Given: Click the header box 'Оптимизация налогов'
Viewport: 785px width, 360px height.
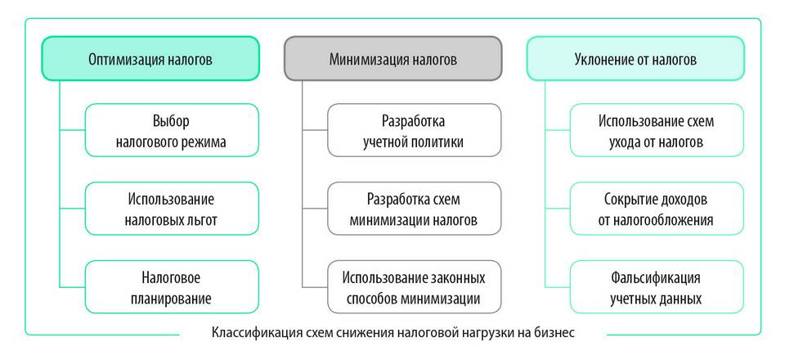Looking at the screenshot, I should pyautogui.click(x=150, y=59).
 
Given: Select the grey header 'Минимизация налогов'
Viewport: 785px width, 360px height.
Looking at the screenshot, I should pyautogui.click(x=393, y=59).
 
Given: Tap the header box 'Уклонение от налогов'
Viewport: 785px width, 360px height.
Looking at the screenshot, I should pyautogui.click(x=635, y=59).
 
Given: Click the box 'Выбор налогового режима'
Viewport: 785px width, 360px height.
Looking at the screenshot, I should pyautogui.click(x=171, y=130).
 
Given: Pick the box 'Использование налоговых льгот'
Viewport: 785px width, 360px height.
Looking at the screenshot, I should pyautogui.click(x=171, y=209).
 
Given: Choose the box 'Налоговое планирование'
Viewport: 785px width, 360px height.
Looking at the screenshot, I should pyautogui.click(x=171, y=287).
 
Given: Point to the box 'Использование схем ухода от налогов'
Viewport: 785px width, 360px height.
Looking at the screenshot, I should pyautogui.click(x=656, y=130).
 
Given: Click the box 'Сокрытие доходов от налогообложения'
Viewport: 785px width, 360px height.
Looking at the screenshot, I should pyautogui.click(x=656, y=209).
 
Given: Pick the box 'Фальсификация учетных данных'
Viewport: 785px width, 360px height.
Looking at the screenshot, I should pyautogui.click(x=656, y=287).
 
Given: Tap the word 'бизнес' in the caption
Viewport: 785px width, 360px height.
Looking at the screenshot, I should pyautogui.click(x=556, y=333).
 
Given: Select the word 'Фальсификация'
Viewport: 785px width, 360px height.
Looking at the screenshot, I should pyautogui.click(x=656, y=277).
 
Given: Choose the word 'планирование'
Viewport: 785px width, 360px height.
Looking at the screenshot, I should pyautogui.click(x=171, y=298).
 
